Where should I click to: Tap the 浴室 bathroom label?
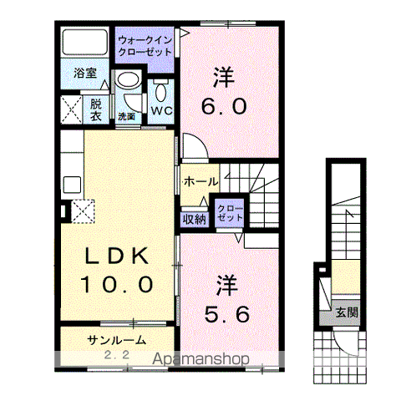(84, 73)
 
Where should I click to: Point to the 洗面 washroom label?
(126, 115)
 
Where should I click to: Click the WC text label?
(160, 109)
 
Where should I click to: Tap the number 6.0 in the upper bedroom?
(221, 108)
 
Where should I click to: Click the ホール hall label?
(200, 181)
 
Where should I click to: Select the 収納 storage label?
(195, 219)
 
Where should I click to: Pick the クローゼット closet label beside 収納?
(229, 212)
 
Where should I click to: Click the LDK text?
(117, 256)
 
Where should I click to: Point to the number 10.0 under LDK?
(117, 285)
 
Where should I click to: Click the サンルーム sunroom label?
(116, 340)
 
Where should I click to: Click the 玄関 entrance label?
(346, 313)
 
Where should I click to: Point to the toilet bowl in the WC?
(160, 89)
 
